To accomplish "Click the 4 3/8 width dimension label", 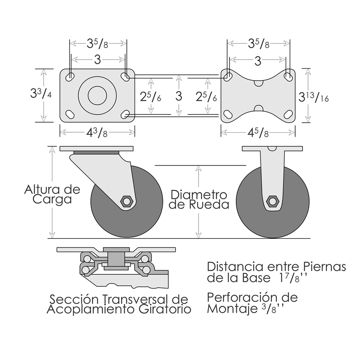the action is pyautogui.click(x=97, y=133).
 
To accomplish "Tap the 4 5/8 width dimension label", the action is pyautogui.click(x=258, y=133).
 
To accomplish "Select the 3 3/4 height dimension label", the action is pyautogui.click(x=41, y=94).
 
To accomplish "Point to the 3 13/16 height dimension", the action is pyautogui.click(x=313, y=97).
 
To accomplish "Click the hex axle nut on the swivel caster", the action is pyautogui.click(x=126, y=201).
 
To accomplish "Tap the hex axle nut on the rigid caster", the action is pyautogui.click(x=273, y=201).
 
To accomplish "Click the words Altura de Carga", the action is pyautogui.click(x=52, y=194).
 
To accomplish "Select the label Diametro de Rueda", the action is pyautogui.click(x=199, y=199).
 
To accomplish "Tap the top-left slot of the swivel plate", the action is pyautogui.click(x=70, y=77).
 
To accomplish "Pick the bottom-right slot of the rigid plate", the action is pyautogui.click(x=288, y=114).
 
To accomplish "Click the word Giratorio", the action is pyautogui.click(x=165, y=309).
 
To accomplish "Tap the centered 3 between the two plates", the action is pyautogui.click(x=178, y=96).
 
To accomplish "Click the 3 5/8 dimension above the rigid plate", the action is pyautogui.click(x=258, y=43).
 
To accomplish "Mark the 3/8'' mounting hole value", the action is pyautogui.click(x=272, y=309).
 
